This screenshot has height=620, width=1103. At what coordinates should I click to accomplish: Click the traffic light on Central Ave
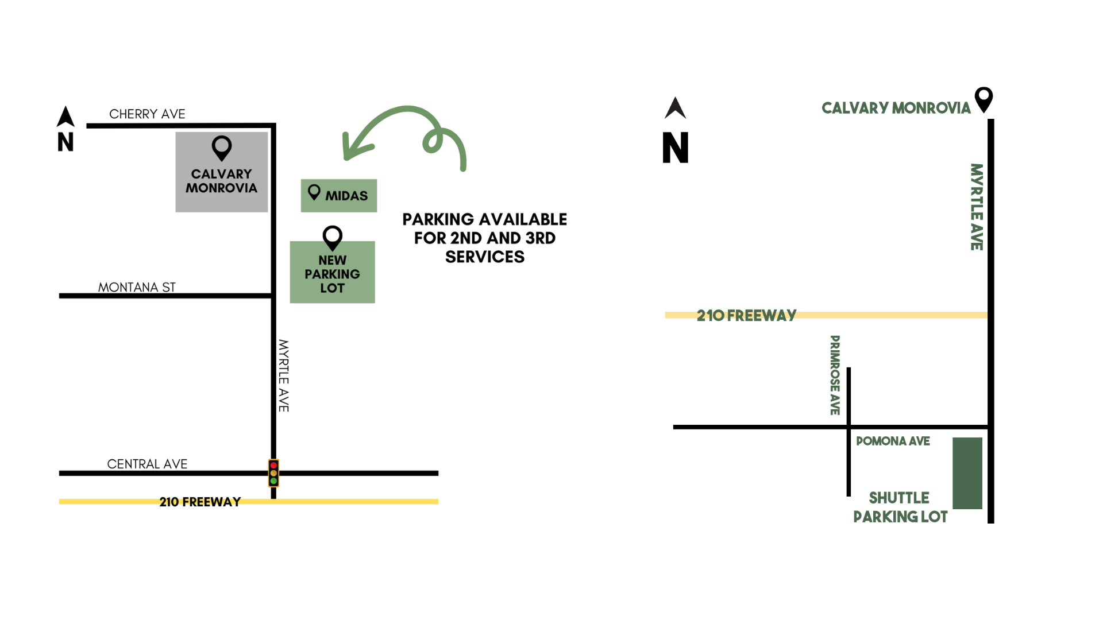273,473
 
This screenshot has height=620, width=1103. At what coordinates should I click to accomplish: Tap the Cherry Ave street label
147,114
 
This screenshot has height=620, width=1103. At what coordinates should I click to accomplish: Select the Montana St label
137,287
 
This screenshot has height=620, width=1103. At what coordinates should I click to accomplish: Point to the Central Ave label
147,464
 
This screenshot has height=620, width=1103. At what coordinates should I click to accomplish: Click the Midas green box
339,196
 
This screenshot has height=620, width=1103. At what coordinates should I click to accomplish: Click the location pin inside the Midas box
314,192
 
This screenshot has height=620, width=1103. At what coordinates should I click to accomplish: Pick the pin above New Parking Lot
332,237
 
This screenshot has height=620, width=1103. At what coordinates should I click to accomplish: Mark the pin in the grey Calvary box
221,148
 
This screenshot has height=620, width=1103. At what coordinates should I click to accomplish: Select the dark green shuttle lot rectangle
967,473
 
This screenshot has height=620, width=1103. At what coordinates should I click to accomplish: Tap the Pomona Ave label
893,441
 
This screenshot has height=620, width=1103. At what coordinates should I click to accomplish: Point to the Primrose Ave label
835,375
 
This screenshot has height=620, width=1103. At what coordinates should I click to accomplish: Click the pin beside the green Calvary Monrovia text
984,99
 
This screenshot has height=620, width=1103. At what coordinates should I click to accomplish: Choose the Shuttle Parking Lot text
900,507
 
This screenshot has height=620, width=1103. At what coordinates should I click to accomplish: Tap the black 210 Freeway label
200,502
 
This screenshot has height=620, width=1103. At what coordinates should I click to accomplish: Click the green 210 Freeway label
746,315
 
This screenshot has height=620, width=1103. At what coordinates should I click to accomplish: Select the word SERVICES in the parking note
484,257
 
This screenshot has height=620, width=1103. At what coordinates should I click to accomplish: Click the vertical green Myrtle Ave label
976,207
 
